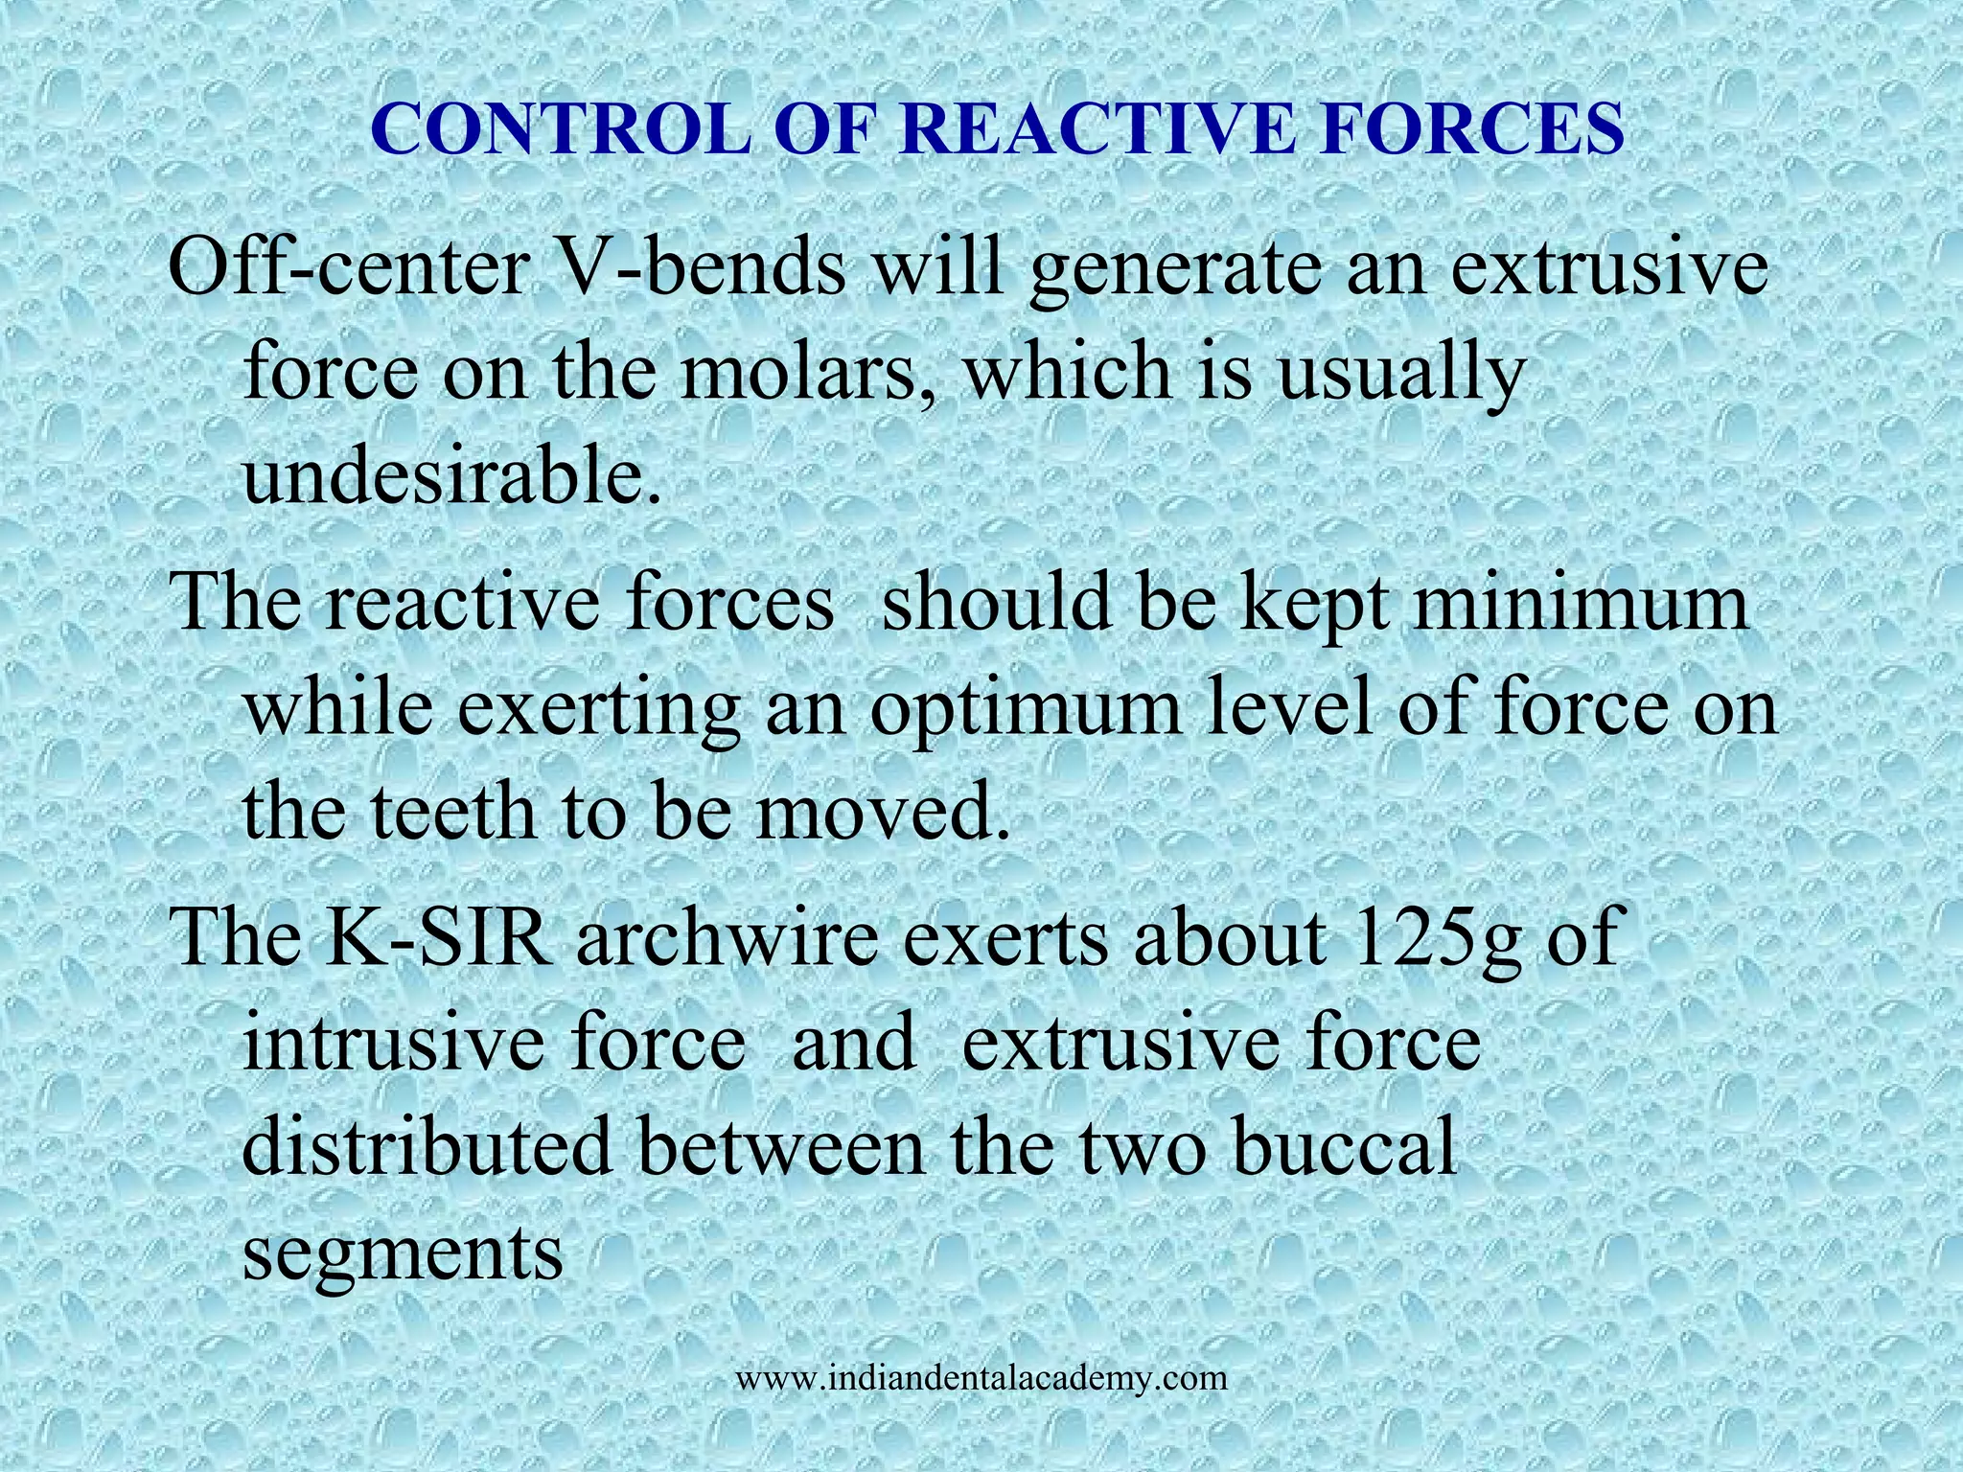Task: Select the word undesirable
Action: pyautogui.click(x=450, y=476)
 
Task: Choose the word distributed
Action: pyautogui.click(x=427, y=1146)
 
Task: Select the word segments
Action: pyautogui.click(x=403, y=1253)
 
